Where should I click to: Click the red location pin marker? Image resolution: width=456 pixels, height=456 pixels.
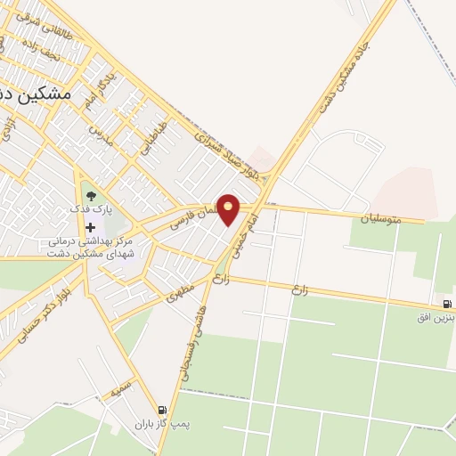[x=229, y=208]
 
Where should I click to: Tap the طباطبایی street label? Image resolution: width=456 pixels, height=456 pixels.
[x=153, y=135]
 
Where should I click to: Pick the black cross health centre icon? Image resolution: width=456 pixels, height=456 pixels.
[x=90, y=227]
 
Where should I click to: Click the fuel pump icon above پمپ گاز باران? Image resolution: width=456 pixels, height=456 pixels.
[x=161, y=410]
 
